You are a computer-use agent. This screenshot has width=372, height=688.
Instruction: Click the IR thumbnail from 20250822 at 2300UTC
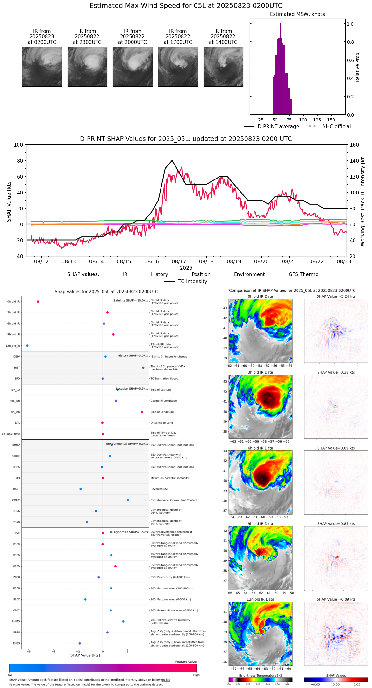pos(87,67)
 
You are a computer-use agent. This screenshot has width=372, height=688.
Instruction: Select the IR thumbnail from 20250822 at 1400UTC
pos(223,67)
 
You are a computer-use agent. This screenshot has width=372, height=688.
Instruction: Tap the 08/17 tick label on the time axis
pos(179,261)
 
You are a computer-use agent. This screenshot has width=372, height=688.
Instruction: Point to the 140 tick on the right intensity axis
pos(354,161)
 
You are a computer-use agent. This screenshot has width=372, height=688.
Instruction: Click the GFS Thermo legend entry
pos(303,274)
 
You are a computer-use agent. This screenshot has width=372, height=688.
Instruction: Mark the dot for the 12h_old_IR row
pos(27,346)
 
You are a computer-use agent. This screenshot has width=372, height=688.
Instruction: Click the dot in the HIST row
pos(143,368)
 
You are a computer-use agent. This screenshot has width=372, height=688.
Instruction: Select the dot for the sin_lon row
pos(142,412)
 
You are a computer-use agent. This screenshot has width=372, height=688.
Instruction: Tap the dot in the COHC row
pos(128,500)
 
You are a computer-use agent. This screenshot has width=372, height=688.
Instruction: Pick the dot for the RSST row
pos(81,489)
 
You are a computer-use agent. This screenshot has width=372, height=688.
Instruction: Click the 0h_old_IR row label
pos(13,302)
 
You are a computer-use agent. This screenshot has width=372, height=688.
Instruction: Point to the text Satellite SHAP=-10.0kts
pos(131,301)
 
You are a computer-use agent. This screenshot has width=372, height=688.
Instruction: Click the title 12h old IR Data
pos(260,599)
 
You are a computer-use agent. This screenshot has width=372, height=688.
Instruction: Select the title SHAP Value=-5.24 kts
pos(336,296)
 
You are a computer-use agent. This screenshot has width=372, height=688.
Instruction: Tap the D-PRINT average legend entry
pos(278,127)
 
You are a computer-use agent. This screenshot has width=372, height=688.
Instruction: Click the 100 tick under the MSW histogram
pos(303,120)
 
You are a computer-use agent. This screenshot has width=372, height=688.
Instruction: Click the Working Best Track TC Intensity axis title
pos(363,201)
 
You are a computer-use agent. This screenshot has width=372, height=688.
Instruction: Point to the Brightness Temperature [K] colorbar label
pos(260,676)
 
